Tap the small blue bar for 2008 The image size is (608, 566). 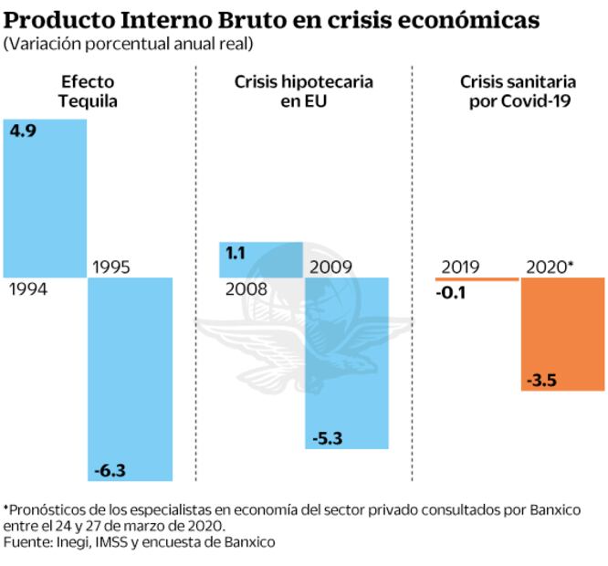coord(261,260)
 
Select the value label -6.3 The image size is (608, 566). coord(110,470)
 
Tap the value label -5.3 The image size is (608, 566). coord(326,439)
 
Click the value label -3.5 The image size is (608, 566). coord(541,380)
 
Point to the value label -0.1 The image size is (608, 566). coord(453,293)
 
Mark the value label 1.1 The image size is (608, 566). coord(236,253)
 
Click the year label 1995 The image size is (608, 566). coord(112,267)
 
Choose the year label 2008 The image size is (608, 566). coord(246,289)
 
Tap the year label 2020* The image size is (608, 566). coord(550,267)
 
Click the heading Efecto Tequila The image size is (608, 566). coord(89,91)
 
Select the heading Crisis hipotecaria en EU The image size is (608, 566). coord(304,91)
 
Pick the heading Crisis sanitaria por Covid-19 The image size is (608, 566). coord(519,91)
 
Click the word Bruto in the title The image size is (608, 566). coord(252,20)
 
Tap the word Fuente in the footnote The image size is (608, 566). coord(26,542)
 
